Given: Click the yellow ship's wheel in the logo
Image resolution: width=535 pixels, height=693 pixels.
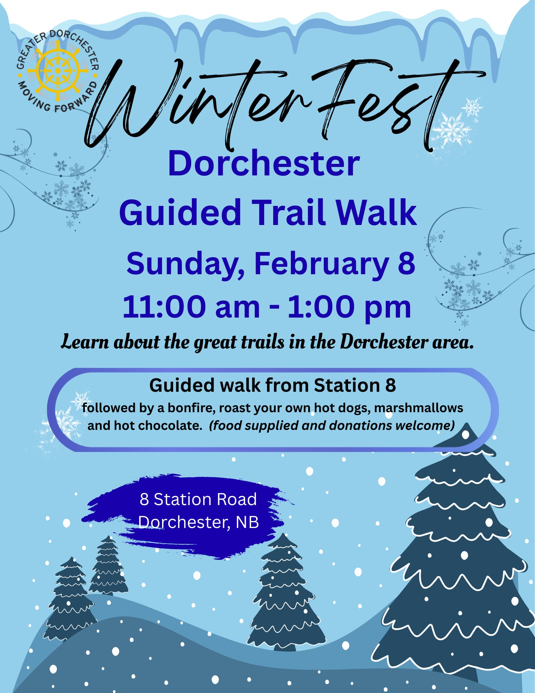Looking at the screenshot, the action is [57, 71].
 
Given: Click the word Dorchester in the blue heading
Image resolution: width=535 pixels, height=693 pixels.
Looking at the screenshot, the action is [264, 163].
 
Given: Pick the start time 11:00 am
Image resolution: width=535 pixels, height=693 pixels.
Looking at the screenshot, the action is [191, 307].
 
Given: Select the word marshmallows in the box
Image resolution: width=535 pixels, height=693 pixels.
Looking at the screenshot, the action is [419, 408].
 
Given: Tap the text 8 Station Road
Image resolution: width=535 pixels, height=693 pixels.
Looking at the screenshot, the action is [198, 499].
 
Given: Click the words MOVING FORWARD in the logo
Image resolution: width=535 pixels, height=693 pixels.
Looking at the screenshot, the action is [57, 98].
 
